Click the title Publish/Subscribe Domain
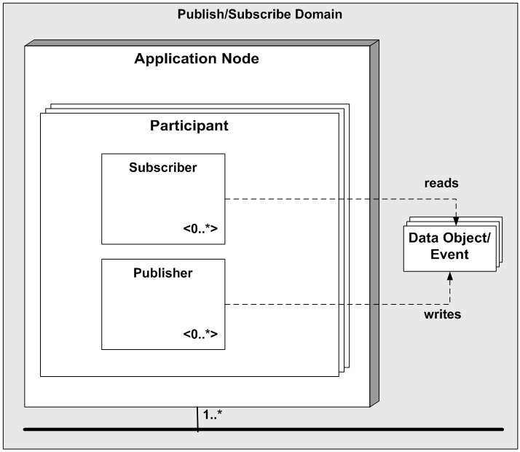[260, 14]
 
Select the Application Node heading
[196, 58]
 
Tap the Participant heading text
[189, 125]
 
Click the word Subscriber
[163, 167]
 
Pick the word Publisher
[163, 273]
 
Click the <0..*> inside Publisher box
[200, 335]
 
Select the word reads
[441, 183]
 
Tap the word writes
[443, 315]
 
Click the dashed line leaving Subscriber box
[328, 198]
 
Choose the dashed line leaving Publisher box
[328, 304]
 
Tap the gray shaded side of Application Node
[374, 219]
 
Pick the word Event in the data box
[449, 256]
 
